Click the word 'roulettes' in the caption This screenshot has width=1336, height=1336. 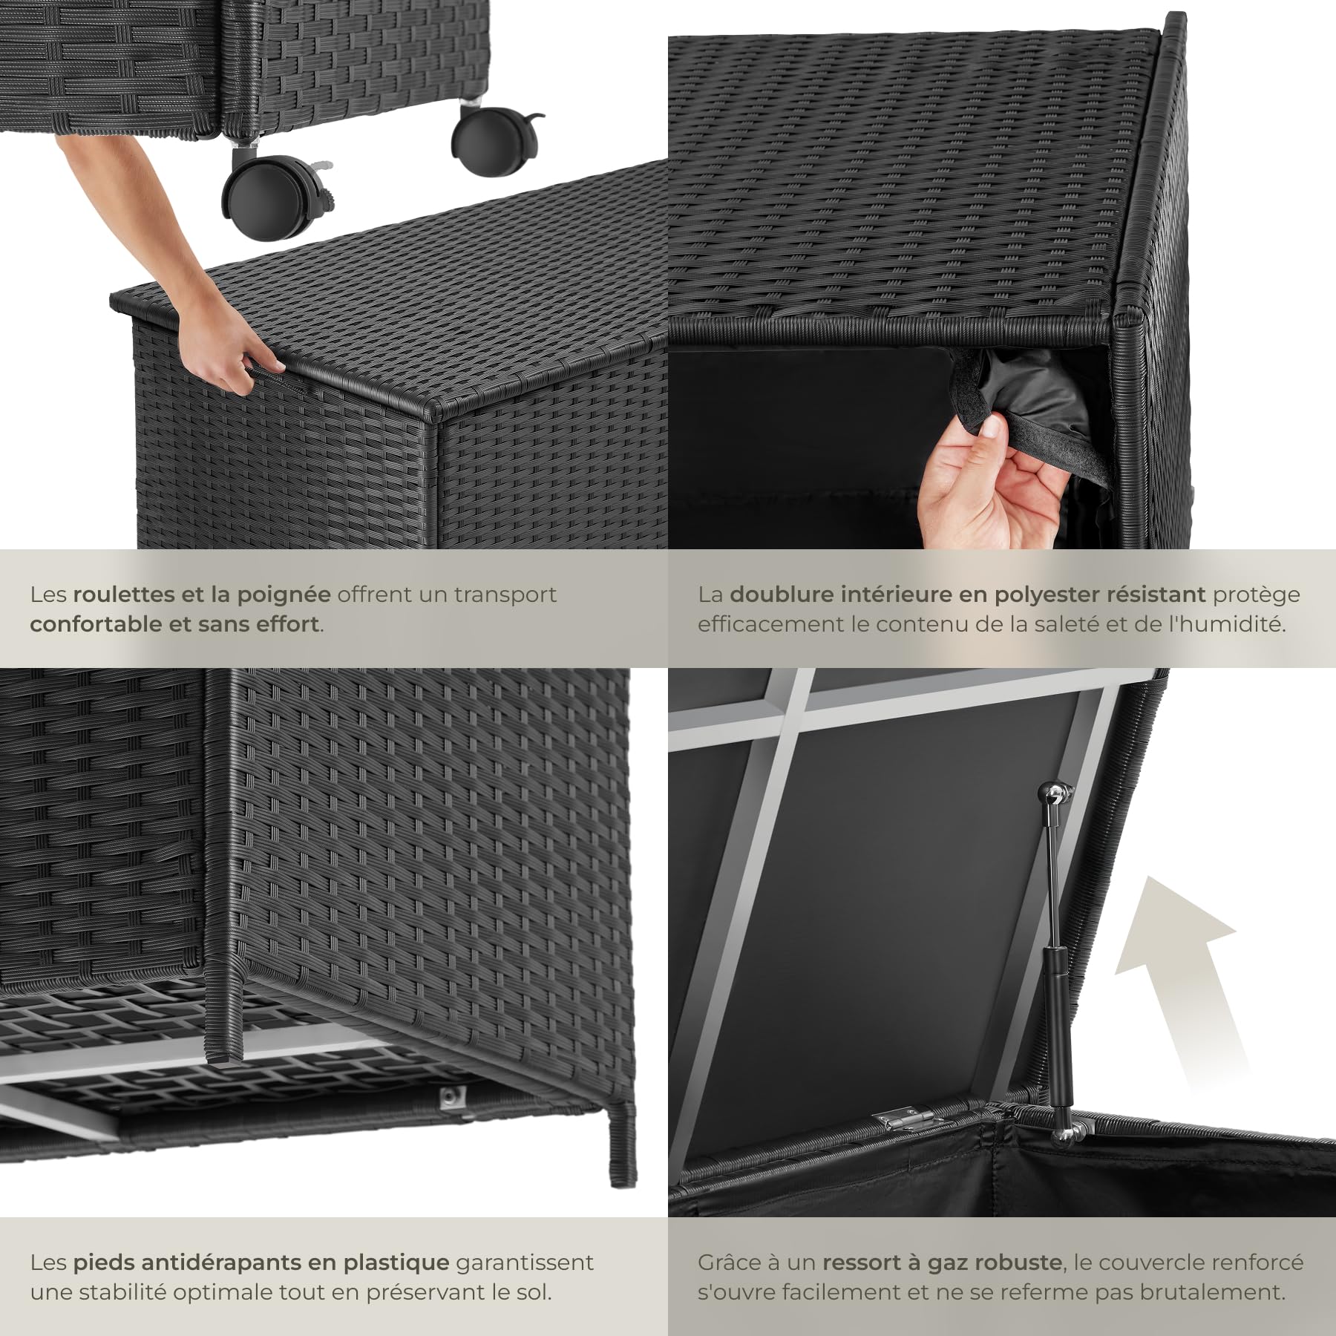pyautogui.click(x=125, y=595)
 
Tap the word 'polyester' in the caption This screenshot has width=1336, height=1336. pyautogui.click(x=1049, y=595)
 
